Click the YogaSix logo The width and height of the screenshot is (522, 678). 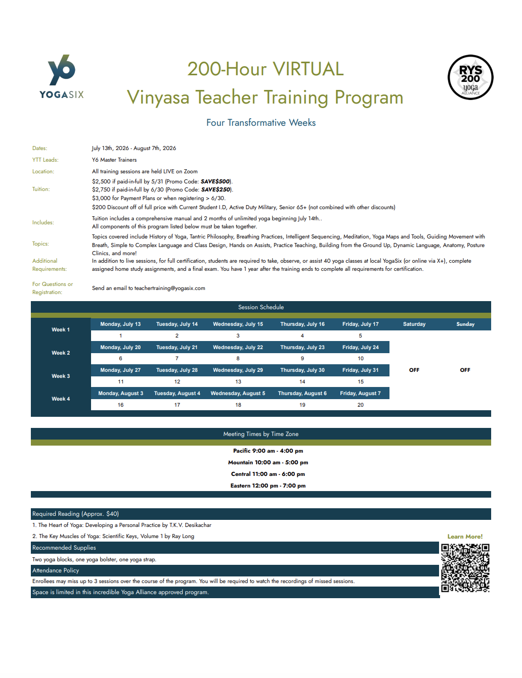pyautogui.click(x=62, y=76)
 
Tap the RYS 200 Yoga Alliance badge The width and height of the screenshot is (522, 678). pyautogui.click(x=470, y=77)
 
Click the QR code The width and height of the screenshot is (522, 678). pyautogui.click(x=465, y=568)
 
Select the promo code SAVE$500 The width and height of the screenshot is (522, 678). pyautogui.click(x=215, y=181)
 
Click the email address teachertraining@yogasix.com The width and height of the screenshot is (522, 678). pyautogui.click(x=169, y=288)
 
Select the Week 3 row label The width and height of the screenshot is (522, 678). pyautogui.click(x=61, y=376)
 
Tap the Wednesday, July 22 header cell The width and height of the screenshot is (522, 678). pyautogui.click(x=238, y=347)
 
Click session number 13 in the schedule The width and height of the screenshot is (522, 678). pyautogui.click(x=238, y=381)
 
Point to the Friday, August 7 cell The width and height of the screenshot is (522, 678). pyautogui.click(x=360, y=393)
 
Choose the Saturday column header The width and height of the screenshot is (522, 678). pyautogui.click(x=414, y=324)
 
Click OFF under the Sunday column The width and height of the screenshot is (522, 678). pyautogui.click(x=465, y=370)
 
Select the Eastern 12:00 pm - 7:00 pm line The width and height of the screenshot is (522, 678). pyautogui.click(x=268, y=486)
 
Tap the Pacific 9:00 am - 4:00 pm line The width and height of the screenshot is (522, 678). pyautogui.click(x=268, y=451)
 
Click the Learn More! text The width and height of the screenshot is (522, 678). pyautogui.click(x=465, y=537)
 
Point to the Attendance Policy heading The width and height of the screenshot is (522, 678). pyautogui.click(x=56, y=570)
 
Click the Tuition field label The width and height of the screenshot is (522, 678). pyautogui.click(x=41, y=189)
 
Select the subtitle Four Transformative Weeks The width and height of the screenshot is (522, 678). pyautogui.click(x=261, y=123)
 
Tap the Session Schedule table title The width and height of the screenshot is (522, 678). pyautogui.click(x=261, y=307)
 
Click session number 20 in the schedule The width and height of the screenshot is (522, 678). pyautogui.click(x=360, y=405)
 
